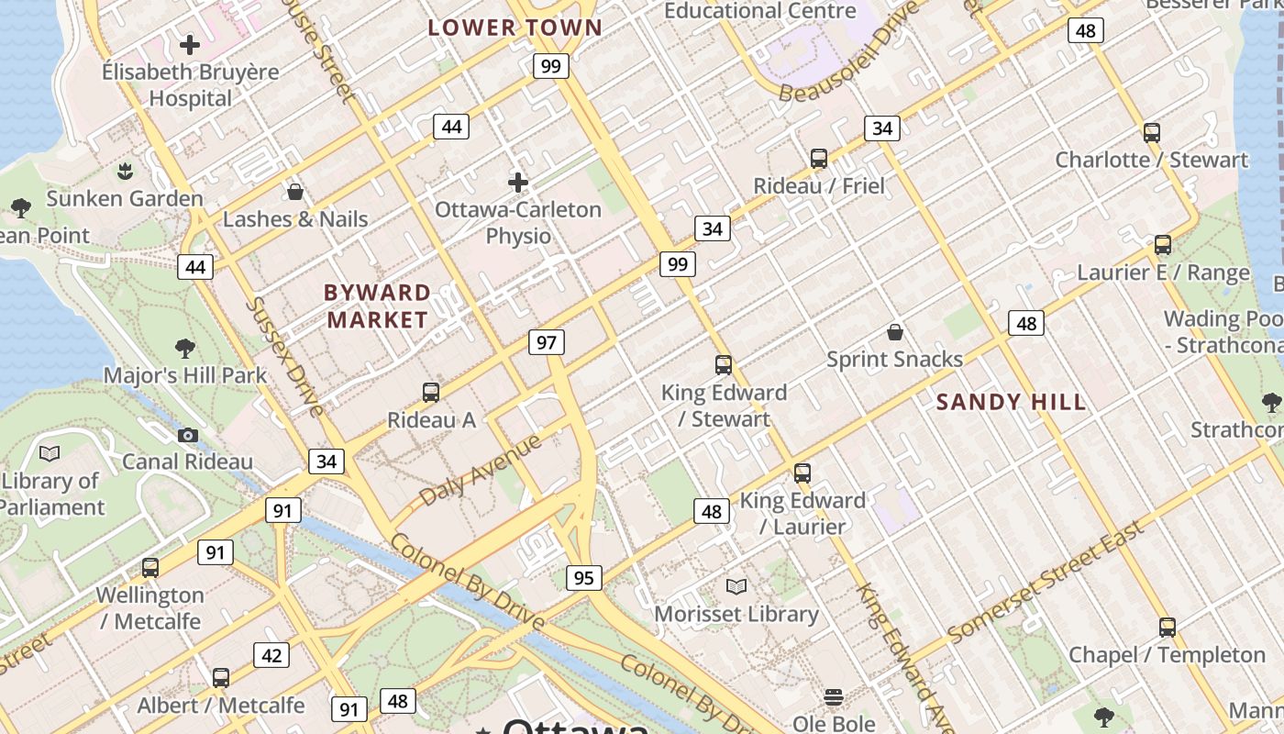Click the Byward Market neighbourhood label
pyautogui.click(x=377, y=306)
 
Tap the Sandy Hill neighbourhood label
pyautogui.click(x=1011, y=402)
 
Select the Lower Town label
pyautogui.click(x=515, y=28)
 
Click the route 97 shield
pyautogui.click(x=547, y=342)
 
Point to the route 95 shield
pyautogui.click(x=584, y=577)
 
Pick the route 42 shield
pyautogui.click(x=271, y=655)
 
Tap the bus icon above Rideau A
pyautogui.click(x=431, y=393)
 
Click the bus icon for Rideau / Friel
pyautogui.click(x=819, y=159)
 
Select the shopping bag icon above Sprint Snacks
pyautogui.click(x=895, y=331)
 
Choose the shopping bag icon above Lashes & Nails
pyautogui.click(x=295, y=192)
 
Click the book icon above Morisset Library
pyautogui.click(x=736, y=586)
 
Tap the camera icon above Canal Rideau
pyautogui.click(x=188, y=435)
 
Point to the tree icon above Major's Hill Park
pyautogui.click(x=185, y=348)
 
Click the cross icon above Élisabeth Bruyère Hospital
pyautogui.click(x=190, y=44)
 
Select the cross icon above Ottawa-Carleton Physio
pyautogui.click(x=518, y=182)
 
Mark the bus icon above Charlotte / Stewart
pyautogui.click(x=1152, y=132)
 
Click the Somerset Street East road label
pyautogui.click(x=1046, y=582)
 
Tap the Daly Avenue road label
pyautogui.click(x=481, y=471)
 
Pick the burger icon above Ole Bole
pyautogui.click(x=834, y=697)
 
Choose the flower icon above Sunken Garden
pyautogui.click(x=125, y=171)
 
